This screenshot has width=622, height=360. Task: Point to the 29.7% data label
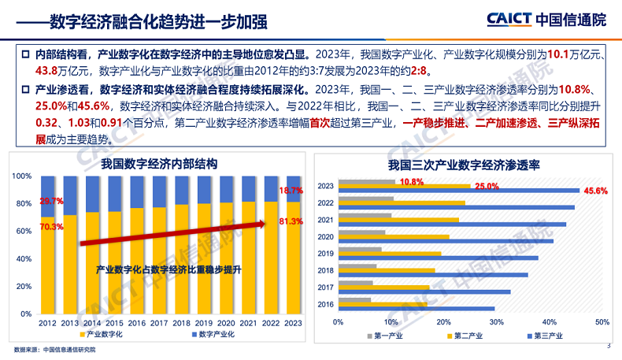point(51,201)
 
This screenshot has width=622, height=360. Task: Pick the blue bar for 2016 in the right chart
point(417,308)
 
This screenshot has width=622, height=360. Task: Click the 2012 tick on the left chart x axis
point(46,323)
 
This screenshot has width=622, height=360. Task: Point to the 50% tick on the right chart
point(602,322)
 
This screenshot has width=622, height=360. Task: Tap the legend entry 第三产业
point(543,336)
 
